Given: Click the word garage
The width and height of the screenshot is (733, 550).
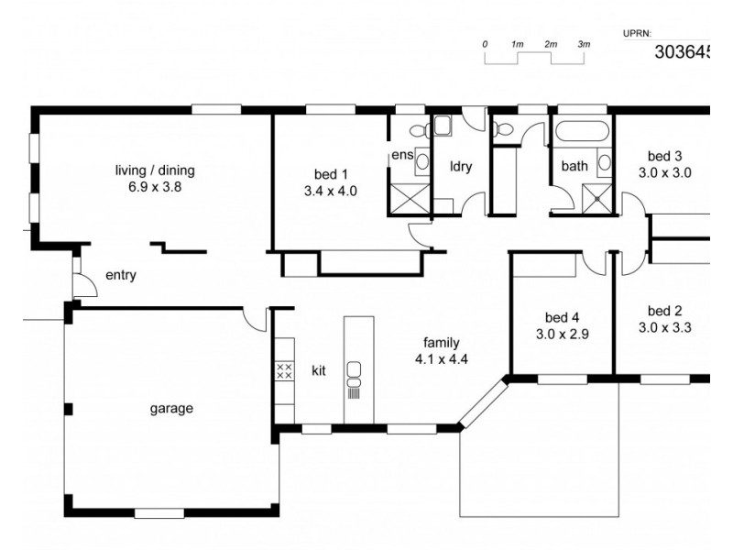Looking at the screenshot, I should pyautogui.click(x=171, y=409).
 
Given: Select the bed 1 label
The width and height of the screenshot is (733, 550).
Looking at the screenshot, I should pyautogui.click(x=330, y=173).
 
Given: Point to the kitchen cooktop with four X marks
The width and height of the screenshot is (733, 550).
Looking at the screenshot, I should pyautogui.click(x=284, y=371).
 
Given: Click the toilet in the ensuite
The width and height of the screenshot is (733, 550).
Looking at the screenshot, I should pyautogui.click(x=414, y=130).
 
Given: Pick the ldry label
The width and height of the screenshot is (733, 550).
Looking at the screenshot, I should pyautogui.click(x=460, y=167).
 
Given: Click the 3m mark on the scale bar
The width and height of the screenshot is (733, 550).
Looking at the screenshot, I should pyautogui.click(x=584, y=44).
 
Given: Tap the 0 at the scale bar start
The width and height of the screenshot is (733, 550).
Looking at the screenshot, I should pyautogui.click(x=485, y=44).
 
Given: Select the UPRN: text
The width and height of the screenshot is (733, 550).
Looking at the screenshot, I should pyautogui.click(x=637, y=33).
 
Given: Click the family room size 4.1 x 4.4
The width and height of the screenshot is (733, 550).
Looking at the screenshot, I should pyautogui.click(x=442, y=358).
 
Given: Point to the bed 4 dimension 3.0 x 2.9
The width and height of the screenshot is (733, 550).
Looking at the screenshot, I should pyautogui.click(x=562, y=334).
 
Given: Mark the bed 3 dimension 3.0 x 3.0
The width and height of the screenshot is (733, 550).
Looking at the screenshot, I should pyautogui.click(x=664, y=171).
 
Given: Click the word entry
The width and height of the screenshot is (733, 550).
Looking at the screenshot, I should pyautogui.click(x=121, y=274).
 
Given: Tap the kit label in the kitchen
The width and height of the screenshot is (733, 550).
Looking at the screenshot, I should pyautogui.click(x=319, y=371).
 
